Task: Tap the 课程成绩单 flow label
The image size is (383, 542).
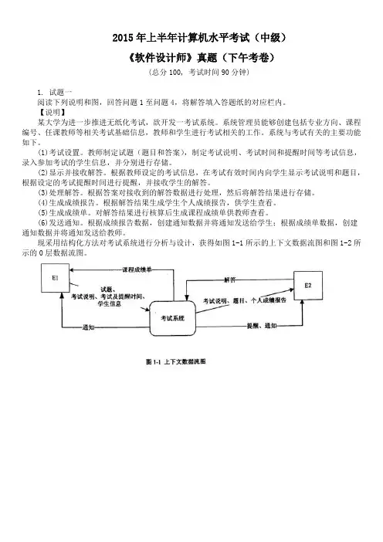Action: click(x=137, y=269)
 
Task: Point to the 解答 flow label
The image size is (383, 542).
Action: click(x=229, y=279)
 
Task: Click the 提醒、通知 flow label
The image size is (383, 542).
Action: click(x=262, y=326)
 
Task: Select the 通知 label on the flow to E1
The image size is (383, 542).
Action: click(x=89, y=327)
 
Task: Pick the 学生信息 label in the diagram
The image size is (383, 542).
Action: click(x=109, y=304)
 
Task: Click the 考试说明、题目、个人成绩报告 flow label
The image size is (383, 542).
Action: click(x=245, y=301)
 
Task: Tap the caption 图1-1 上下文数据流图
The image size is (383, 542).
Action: click(x=176, y=361)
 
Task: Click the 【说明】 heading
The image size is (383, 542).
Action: click(x=51, y=113)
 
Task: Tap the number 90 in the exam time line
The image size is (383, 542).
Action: click(x=225, y=73)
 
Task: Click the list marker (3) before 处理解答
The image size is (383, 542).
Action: click(x=42, y=192)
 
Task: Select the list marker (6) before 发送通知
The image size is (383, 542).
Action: click(x=42, y=222)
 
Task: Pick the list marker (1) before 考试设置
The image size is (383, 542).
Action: click(x=42, y=152)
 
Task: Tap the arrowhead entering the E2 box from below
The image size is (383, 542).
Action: click(x=303, y=302)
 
